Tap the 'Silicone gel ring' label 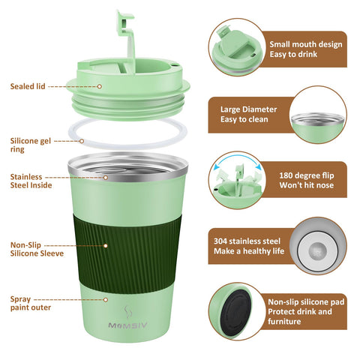(x=30, y=145)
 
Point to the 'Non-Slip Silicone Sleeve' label (x=37, y=249)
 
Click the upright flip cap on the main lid (x=124, y=37)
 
